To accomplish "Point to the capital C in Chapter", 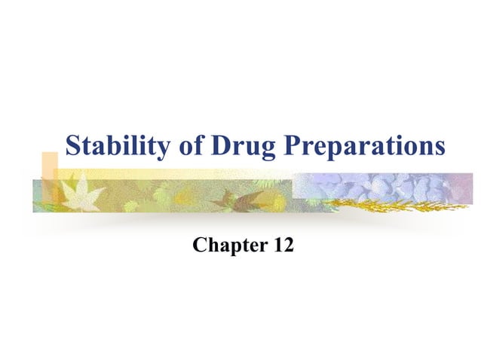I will coord(200,245).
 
